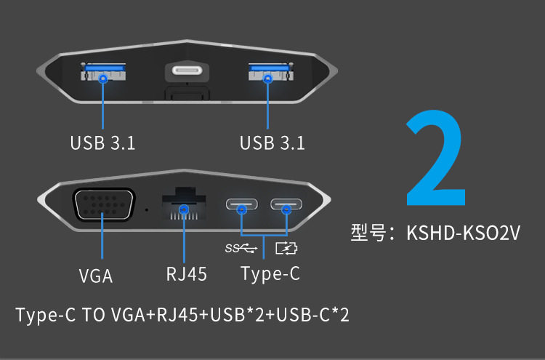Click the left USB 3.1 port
coord(102,74)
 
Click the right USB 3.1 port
coord(268,74)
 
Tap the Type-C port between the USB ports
coord(187,72)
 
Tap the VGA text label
coord(96,276)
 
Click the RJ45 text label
coord(187,274)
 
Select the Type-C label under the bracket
coord(270,274)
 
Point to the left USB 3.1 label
coord(102,143)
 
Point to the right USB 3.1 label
coord(272,143)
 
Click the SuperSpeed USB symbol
coord(242,249)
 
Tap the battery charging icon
coord(287,249)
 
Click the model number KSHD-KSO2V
coord(464,233)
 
